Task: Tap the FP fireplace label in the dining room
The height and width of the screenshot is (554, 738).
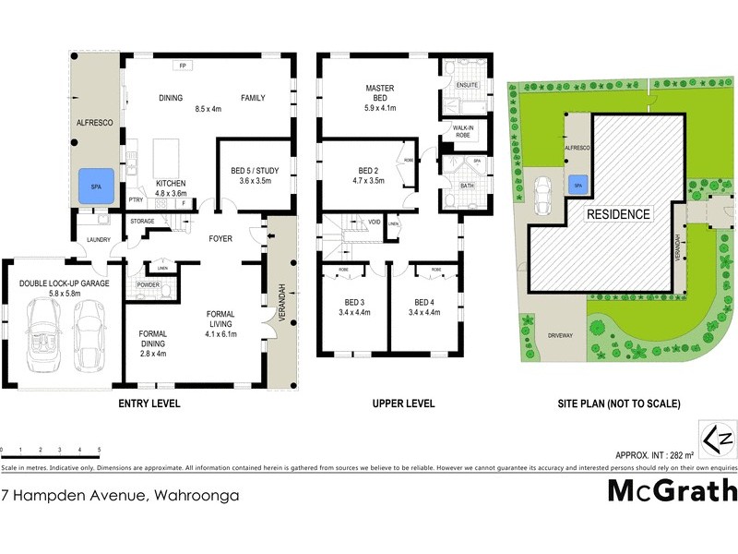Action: pos(183,65)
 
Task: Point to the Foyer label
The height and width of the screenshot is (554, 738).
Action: pos(220,239)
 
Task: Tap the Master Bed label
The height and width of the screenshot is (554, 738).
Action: pos(380,93)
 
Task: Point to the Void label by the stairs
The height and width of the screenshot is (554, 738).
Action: pos(375,223)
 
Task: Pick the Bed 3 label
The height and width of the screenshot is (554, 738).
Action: pos(353,302)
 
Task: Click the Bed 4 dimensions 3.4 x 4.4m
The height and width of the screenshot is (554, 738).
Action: pos(423,312)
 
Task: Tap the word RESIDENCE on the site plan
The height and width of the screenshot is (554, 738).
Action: pos(619,214)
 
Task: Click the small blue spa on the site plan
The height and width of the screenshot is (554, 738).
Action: pos(578,183)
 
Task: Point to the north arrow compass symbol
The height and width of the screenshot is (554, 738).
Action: pos(718,439)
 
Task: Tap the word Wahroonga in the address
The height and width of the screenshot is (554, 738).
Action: pos(196,496)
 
